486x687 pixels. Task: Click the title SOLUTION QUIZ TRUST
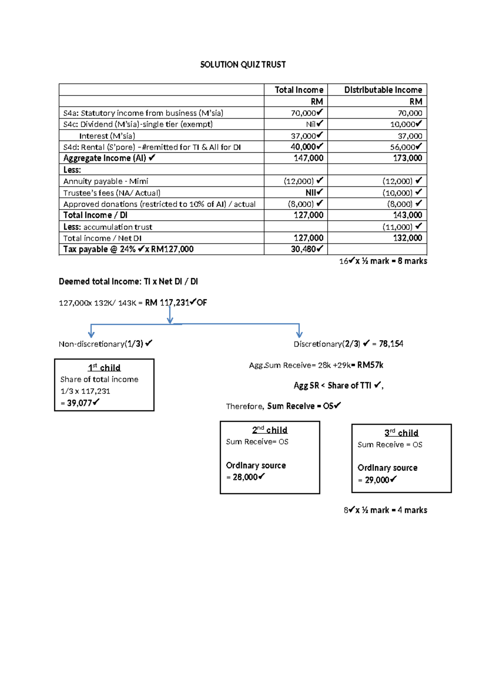click(243, 65)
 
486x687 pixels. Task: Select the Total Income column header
click(299, 90)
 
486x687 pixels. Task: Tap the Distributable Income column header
click(383, 90)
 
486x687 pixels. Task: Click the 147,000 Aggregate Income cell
click(308, 158)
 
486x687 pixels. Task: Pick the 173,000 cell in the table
click(407, 158)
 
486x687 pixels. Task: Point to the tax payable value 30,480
click(303, 250)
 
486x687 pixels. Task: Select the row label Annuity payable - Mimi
click(106, 181)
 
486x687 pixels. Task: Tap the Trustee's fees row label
click(112, 193)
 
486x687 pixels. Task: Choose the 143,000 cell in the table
click(407, 215)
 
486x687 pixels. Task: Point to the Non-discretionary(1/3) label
click(101, 344)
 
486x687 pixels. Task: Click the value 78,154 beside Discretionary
click(391, 344)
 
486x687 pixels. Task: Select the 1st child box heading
click(104, 368)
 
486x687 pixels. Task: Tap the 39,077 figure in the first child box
click(79, 403)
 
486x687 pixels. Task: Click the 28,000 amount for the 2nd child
click(245, 477)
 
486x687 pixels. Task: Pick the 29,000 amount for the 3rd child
click(377, 480)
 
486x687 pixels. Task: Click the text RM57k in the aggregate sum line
click(370, 365)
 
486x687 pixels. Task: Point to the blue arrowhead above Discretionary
click(299, 334)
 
